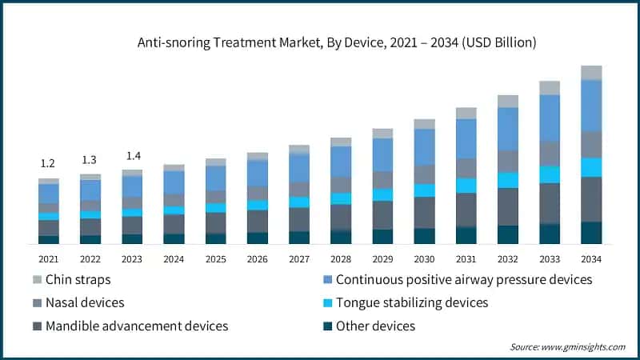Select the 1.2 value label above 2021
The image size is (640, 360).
(x=48, y=163)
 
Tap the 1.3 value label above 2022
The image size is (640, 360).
(x=90, y=159)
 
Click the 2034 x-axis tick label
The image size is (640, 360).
(x=591, y=259)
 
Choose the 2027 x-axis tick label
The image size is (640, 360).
(x=299, y=259)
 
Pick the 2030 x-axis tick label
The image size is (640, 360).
(x=424, y=259)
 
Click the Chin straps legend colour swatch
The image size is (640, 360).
(x=36, y=280)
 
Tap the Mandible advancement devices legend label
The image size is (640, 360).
(x=137, y=326)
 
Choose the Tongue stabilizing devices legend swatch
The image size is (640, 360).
(x=326, y=302)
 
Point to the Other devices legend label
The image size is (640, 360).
(x=375, y=326)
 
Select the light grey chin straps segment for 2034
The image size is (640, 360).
(x=591, y=73)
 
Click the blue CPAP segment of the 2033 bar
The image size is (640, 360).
(x=550, y=118)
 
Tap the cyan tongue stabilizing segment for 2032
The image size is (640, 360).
(x=508, y=180)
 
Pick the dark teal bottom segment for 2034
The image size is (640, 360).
(x=591, y=232)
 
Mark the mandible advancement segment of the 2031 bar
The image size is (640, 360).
(x=466, y=210)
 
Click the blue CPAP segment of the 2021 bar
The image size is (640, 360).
(x=49, y=193)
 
